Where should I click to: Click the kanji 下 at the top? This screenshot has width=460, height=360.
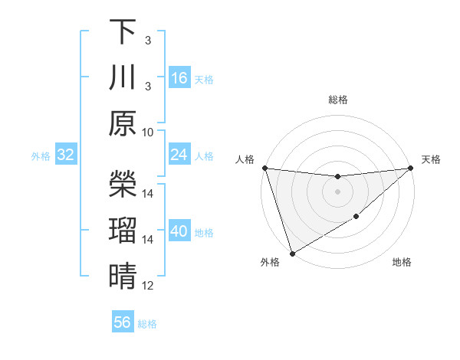coord(123,31)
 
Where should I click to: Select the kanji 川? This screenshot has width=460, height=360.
coord(123,77)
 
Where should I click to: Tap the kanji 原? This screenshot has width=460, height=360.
coord(123,123)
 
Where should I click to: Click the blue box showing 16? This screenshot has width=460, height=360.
coord(179,78)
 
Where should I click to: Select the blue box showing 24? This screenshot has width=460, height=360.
coord(179,155)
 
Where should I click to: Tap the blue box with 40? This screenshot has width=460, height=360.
coord(179,232)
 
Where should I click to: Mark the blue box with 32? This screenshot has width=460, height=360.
coord(66,155)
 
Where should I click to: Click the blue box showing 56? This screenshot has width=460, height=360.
coord(123,322)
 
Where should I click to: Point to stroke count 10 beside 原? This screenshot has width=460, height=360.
coord(148,132)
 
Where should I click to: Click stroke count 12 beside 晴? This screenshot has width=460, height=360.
coord(148,286)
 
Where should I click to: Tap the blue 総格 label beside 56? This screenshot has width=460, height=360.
coord(147,324)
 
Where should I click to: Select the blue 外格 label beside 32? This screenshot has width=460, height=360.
coord(41,156)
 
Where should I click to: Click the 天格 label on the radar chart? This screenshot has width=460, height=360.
coord(431,159)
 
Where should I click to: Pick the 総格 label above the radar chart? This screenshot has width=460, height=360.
coord(337,100)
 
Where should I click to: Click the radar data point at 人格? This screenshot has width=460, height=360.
coord(264,168)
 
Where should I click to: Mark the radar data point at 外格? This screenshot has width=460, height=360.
coord(292,253)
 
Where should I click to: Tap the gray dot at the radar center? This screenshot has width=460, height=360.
coord(337,191)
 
